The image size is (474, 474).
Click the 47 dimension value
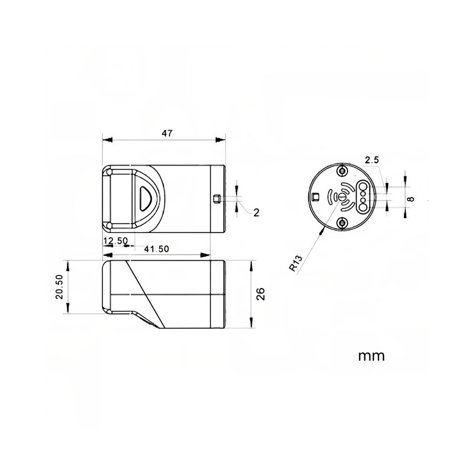point(167,133)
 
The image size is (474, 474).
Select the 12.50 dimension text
point(115,241)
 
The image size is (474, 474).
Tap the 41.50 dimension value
point(156,249)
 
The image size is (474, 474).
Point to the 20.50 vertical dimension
point(59,287)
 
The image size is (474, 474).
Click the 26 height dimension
point(260,294)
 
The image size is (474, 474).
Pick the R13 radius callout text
point(295,263)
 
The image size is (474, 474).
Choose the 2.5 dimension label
point(372,160)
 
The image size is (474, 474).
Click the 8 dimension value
point(410,199)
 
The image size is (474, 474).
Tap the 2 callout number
point(256,213)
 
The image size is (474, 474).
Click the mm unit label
point(371,356)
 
